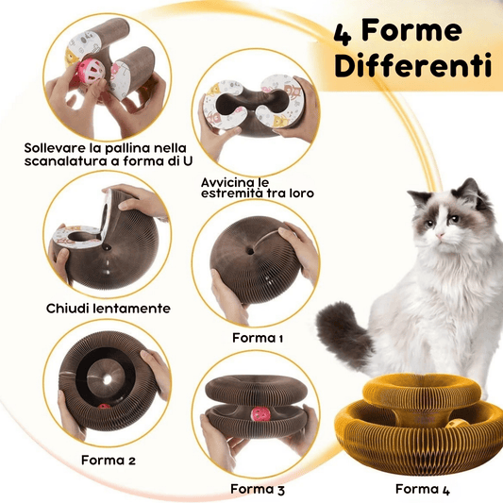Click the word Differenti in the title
[413, 66]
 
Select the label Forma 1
[258, 338]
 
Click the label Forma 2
[109, 460]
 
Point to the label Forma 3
[258, 489]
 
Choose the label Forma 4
[423, 489]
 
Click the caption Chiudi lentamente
[109, 309]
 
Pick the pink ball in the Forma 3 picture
[259, 416]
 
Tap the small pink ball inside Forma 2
[104, 407]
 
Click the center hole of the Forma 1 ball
[251, 250]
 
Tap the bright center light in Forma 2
[108, 379]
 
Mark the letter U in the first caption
[187, 160]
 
